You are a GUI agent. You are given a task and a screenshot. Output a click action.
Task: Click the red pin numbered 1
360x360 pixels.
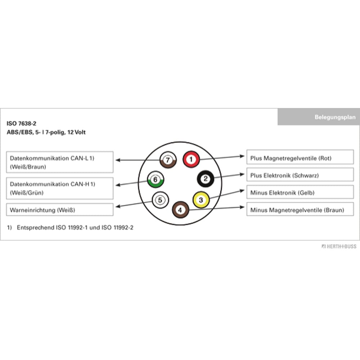[x=191, y=159]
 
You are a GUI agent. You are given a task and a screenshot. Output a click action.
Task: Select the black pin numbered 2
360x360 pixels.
[x=206, y=179]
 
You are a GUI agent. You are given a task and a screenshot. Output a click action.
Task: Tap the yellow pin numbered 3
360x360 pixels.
[x=201, y=199]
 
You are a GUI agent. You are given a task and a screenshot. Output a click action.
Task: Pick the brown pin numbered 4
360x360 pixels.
[x=180, y=210]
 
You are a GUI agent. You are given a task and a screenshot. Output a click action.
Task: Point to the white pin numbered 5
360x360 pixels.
[x=160, y=199]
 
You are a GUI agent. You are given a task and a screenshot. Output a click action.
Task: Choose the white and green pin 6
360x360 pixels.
[x=155, y=179]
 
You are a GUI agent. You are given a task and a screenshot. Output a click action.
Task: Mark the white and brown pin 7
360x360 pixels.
[x=168, y=159]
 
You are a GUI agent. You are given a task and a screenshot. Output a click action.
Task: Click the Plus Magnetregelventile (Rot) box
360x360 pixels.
[x=300, y=158]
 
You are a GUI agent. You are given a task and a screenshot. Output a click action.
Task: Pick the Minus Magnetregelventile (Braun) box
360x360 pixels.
[x=300, y=210]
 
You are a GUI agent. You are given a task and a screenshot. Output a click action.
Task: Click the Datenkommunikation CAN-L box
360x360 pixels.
[x=60, y=162]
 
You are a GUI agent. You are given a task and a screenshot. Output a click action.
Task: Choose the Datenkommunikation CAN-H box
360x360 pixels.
[x=60, y=188]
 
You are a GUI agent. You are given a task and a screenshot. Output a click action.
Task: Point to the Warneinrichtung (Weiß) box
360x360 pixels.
[x=60, y=210]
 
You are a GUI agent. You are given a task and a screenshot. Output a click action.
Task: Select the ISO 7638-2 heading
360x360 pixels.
[x=21, y=123]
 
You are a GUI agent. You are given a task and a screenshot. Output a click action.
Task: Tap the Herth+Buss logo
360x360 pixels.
[x=339, y=247]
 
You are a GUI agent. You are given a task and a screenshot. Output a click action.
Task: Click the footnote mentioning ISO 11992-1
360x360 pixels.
[x=70, y=228]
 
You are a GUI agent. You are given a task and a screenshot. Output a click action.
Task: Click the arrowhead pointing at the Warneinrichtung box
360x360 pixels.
[x=117, y=207]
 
